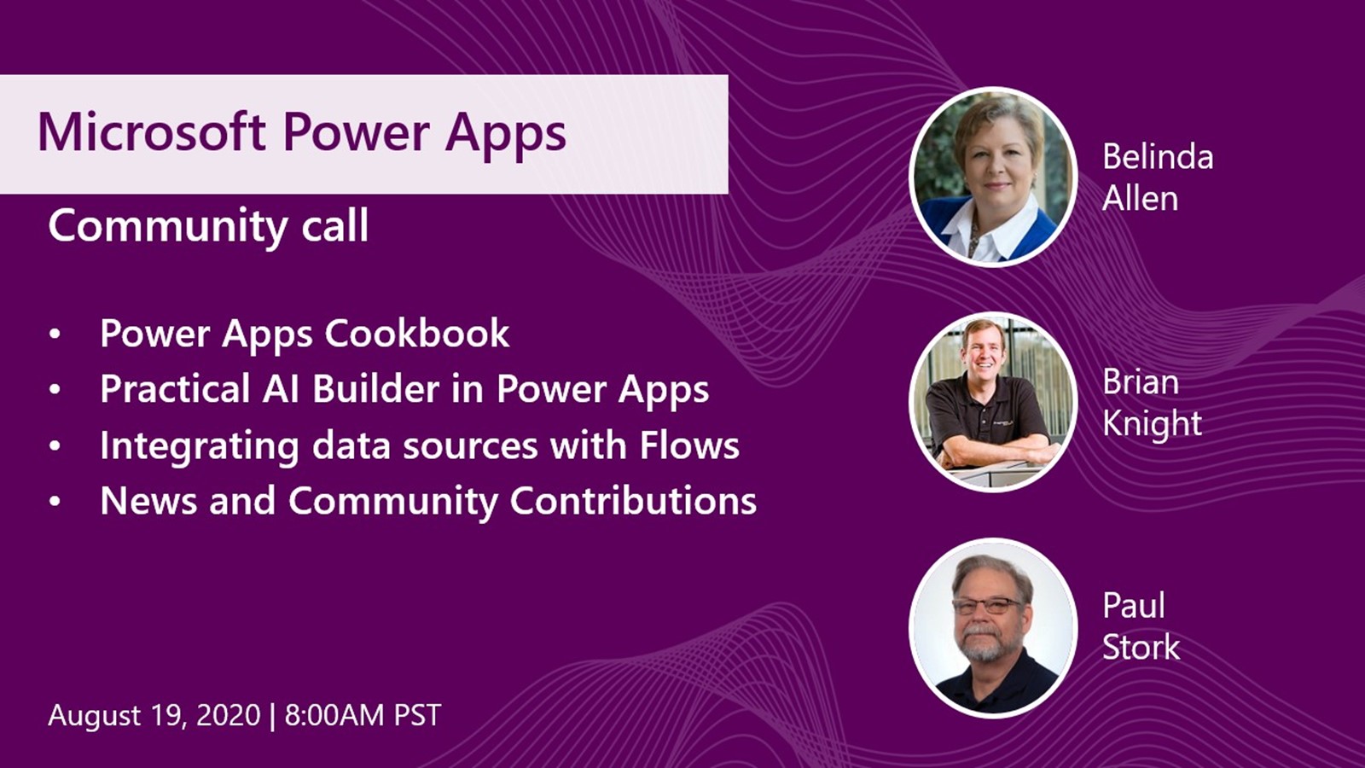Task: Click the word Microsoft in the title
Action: click(152, 131)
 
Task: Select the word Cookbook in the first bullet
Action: click(417, 333)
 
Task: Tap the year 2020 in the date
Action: click(229, 715)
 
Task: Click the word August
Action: click(95, 716)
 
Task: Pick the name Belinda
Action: click(1158, 157)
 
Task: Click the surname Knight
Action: click(1152, 423)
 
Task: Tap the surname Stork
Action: click(1141, 648)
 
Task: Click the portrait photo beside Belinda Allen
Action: click(993, 177)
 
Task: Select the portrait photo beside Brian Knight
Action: click(993, 402)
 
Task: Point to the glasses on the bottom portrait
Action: click(986, 606)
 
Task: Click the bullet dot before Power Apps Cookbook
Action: click(55, 334)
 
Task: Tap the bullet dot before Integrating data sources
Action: click(55, 446)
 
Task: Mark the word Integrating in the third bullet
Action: click(200, 447)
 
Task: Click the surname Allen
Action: click(1140, 198)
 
